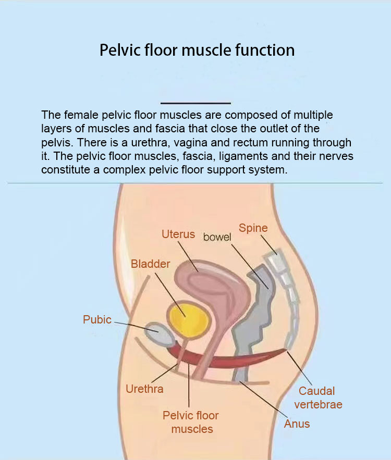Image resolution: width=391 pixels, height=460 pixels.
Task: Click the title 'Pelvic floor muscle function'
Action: [197, 51]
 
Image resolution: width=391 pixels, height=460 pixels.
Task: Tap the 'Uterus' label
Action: [178, 234]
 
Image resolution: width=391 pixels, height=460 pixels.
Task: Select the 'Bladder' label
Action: [150, 264]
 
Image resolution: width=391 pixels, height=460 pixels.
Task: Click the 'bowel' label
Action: [217, 237]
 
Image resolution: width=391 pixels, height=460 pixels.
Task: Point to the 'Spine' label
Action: [253, 228]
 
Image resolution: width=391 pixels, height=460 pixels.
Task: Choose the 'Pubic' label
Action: [97, 319]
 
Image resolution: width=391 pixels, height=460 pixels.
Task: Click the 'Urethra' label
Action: [144, 389]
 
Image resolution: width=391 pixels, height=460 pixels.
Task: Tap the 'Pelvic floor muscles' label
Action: [191, 422]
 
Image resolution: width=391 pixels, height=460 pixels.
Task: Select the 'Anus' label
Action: [297, 424]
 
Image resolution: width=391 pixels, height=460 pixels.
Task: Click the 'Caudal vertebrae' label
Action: [317, 397]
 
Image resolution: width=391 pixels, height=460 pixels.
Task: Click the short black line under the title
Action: [195, 104]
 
